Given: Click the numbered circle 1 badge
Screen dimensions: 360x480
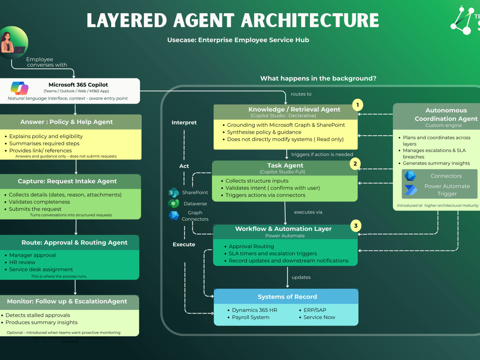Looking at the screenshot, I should tap(357, 105).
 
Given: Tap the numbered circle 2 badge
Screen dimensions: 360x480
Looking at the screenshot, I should tap(355, 163).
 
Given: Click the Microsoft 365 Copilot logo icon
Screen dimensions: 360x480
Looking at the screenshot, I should tap(20, 88).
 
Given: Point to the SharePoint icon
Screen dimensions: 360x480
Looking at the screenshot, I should tap(174, 192).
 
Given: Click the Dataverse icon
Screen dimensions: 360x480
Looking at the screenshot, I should tap(174, 204).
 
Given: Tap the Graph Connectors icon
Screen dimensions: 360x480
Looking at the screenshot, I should tap(174, 216).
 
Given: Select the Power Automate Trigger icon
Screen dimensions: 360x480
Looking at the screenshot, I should tap(410, 190).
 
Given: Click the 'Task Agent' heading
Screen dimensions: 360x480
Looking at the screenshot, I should tap(285, 165).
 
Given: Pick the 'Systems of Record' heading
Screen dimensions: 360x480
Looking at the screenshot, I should tap(287, 297).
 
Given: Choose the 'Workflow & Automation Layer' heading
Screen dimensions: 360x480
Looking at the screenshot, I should tap(283, 229).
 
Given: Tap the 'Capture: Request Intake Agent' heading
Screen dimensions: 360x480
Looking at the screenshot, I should tap(70, 181).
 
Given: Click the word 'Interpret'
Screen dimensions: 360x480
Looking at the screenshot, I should tap(184, 122).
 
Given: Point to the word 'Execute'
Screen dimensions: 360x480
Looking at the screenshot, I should tap(184, 244).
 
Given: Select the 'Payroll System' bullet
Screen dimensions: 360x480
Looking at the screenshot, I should tap(250, 317).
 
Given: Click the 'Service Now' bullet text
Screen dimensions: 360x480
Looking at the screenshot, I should tap(319, 317).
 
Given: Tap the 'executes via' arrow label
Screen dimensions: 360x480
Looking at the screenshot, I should tap(308, 212).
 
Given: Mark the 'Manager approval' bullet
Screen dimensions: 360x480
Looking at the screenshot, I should tap(32, 255).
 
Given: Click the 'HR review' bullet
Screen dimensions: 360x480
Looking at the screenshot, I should tap(22, 262).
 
